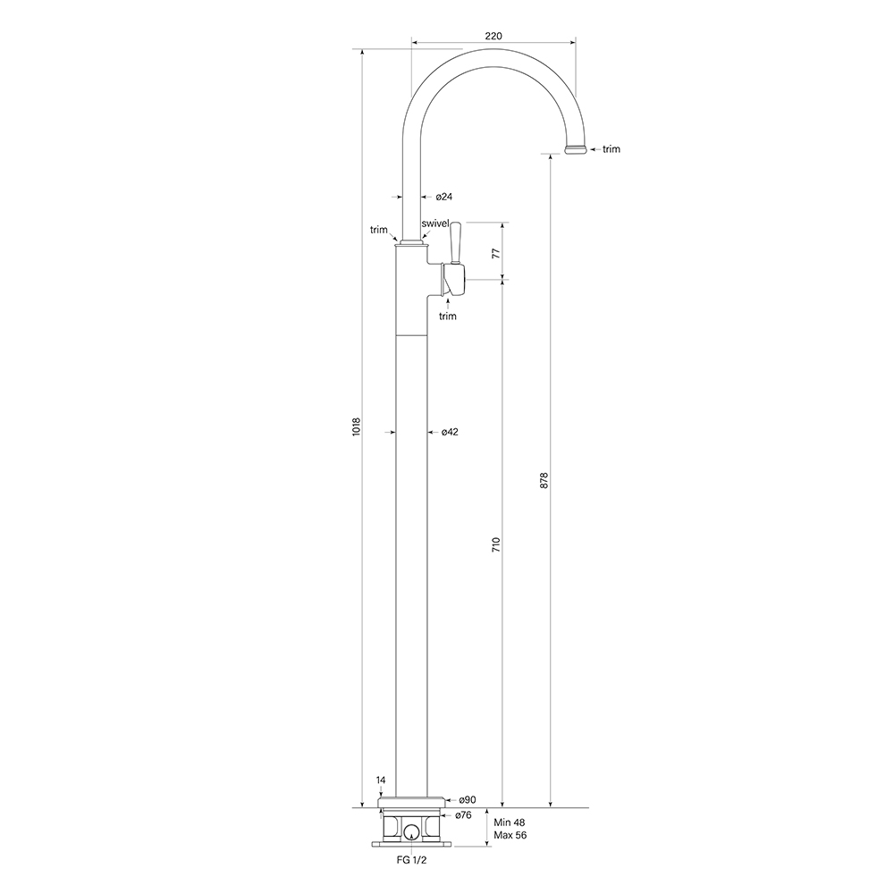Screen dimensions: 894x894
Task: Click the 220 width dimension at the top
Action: click(x=493, y=36)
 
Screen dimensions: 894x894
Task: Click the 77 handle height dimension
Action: click(x=497, y=252)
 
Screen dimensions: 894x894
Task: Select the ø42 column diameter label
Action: click(x=450, y=432)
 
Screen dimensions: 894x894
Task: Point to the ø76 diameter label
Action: click(x=463, y=815)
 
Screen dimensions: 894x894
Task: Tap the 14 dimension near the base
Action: click(x=381, y=780)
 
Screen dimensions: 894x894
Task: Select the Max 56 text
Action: click(x=510, y=837)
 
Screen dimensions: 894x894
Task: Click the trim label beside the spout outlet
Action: click(x=611, y=149)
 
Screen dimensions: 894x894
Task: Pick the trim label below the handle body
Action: click(x=448, y=316)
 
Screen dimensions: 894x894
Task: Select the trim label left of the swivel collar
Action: click(x=379, y=230)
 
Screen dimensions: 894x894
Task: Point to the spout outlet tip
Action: click(x=577, y=149)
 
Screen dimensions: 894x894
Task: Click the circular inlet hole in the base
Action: click(x=410, y=832)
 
